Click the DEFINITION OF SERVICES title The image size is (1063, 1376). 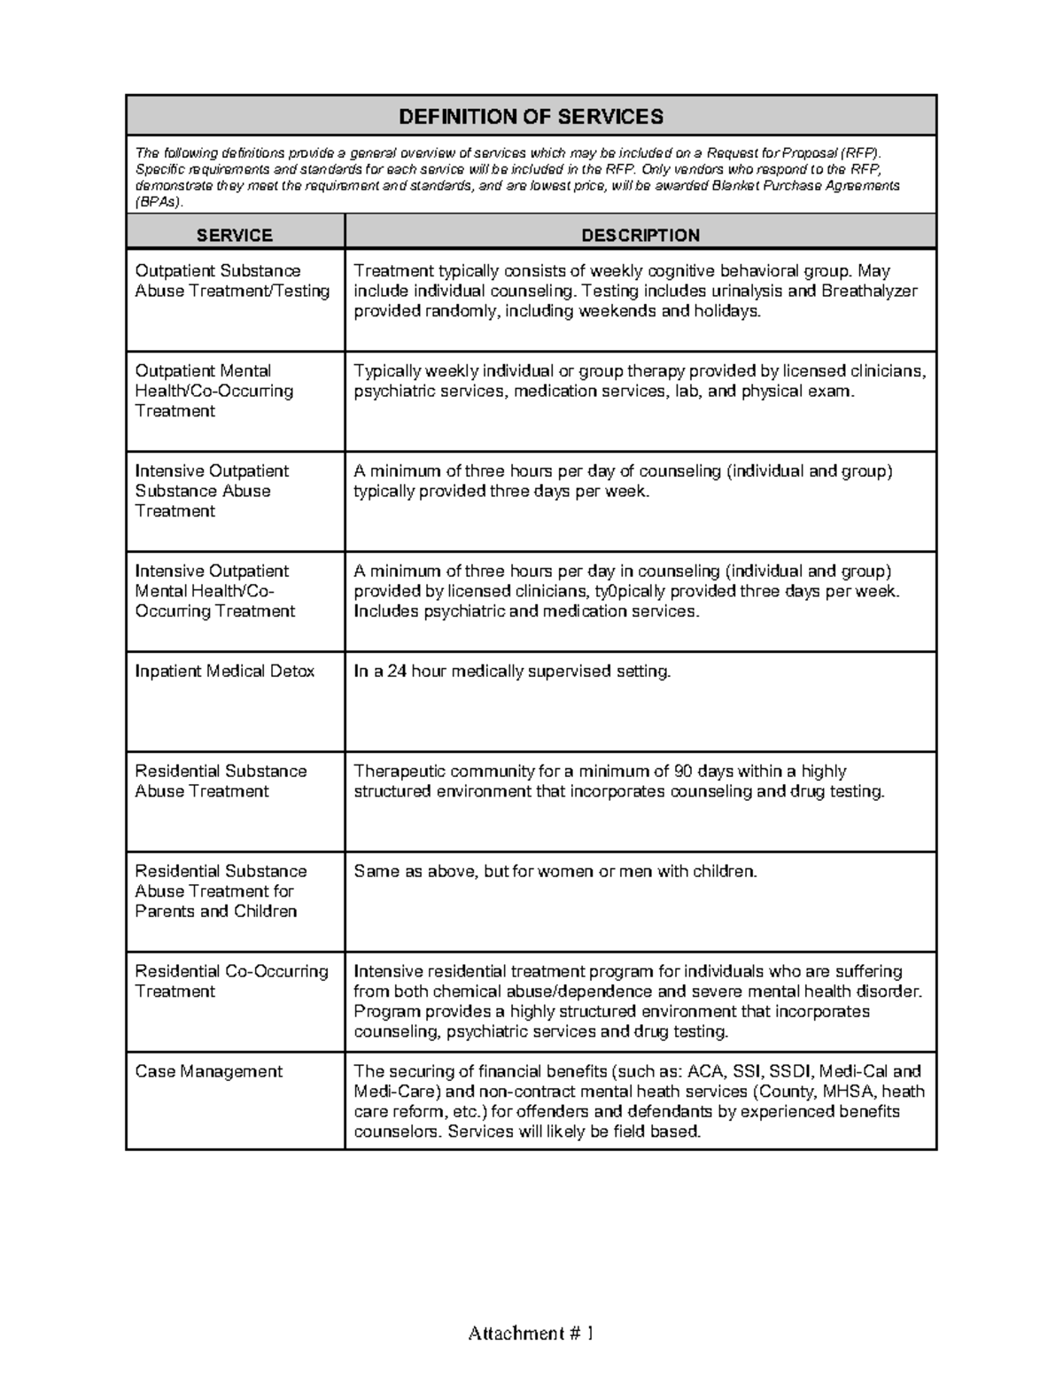coord(531,116)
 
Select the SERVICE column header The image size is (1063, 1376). coord(235,235)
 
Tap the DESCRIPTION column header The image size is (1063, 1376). coord(640,235)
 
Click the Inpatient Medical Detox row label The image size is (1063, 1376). coord(224,672)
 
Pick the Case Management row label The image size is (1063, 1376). coord(208,1071)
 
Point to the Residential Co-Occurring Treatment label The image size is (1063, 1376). coord(231,981)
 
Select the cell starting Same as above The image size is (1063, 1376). coord(555,872)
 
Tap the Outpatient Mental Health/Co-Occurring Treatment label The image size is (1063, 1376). coord(213,391)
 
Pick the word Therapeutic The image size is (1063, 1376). coord(399,772)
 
